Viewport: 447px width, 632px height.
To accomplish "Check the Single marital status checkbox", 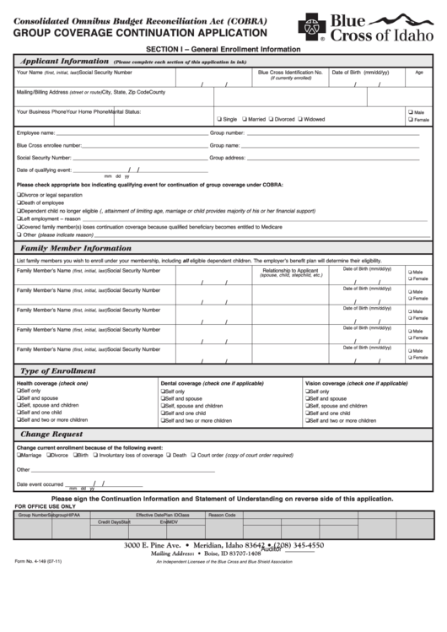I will click(219, 119).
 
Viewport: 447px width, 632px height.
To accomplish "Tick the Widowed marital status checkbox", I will click(300, 119).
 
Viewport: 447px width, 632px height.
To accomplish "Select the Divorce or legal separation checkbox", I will click(19, 195).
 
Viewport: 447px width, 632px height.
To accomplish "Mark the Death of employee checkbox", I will click(19, 203).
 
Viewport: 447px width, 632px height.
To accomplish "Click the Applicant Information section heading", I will click(64, 61).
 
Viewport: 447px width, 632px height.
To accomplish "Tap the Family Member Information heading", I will click(76, 248).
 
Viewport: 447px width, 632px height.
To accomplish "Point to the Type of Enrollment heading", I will click(58, 370).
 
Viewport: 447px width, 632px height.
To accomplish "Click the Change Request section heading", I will click(51, 434).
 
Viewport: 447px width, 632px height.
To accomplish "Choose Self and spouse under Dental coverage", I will click(163, 398).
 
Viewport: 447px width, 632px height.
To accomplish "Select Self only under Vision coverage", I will click(307, 392).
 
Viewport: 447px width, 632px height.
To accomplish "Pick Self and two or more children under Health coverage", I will click(19, 419).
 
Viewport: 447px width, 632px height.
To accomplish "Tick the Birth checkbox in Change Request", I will click(73, 455).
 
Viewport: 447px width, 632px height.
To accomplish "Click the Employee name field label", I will click(35, 132).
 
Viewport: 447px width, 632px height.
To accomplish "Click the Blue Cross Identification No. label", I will click(290, 73).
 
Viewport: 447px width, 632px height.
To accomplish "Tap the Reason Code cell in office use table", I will click(222, 515).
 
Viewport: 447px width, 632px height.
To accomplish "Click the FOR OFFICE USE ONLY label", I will click(51, 505).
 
